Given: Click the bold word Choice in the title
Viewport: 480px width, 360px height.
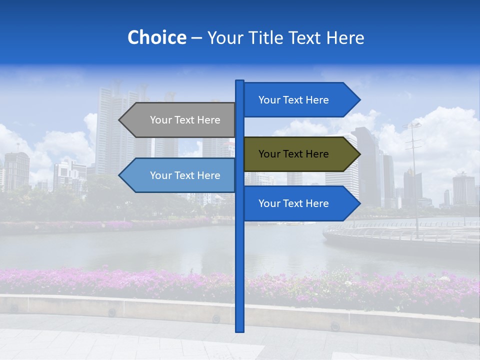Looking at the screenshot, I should tap(156, 37).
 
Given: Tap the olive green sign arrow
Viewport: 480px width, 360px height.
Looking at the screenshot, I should tap(300, 154).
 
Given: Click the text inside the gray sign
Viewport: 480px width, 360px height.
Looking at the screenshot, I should tap(185, 120).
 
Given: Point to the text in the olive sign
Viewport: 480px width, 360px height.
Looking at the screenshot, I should tap(293, 154).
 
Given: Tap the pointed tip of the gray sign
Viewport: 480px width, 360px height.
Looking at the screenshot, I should tap(120, 120).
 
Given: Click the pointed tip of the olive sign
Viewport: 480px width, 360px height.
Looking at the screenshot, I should tap(359, 154).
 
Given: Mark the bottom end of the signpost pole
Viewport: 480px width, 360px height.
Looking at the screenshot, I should tap(239, 329).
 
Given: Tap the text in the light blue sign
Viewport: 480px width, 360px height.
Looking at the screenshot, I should tap(185, 175).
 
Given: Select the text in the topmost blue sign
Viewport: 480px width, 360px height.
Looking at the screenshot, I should tap(293, 100).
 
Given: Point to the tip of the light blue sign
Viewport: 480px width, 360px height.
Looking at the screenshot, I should tap(120, 175).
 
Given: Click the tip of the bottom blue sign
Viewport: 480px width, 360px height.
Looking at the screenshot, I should tap(359, 203).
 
